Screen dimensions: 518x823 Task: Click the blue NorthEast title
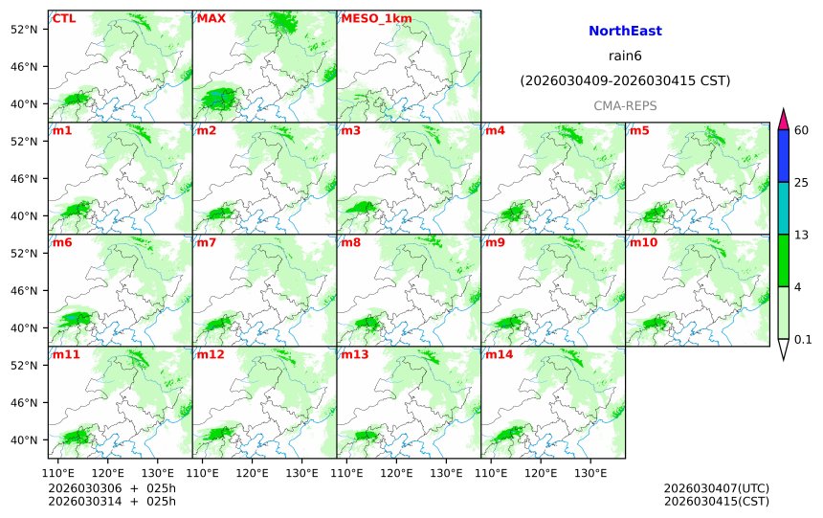625,32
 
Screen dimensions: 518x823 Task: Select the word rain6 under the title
625,56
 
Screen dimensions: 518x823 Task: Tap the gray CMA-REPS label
625,105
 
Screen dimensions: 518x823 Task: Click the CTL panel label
64,18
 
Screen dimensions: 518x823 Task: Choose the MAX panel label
211,18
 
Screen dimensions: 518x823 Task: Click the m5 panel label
639,130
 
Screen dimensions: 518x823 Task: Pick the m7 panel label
207,242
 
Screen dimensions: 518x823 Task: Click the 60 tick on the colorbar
802,129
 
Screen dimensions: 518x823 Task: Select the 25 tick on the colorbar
802,182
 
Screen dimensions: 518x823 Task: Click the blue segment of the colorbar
783,155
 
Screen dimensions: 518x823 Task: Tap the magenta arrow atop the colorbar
783,119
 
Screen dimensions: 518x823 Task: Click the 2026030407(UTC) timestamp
716,488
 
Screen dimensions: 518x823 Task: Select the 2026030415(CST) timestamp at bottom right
716,501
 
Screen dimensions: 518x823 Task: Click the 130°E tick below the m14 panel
589,472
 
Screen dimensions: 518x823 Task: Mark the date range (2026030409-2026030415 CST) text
625,80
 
